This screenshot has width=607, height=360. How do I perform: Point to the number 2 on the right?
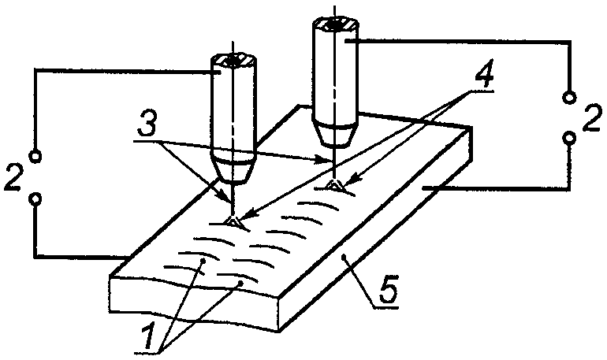point(592,117)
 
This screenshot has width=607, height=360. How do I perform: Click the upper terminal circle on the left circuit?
point(35,156)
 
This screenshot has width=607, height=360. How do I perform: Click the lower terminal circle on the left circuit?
point(35,199)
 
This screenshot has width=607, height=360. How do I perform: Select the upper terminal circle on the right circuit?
point(569,97)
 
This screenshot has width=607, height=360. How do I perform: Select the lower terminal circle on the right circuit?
point(569,138)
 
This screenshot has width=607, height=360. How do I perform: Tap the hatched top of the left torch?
point(233,61)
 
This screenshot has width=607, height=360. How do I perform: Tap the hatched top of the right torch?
point(336,25)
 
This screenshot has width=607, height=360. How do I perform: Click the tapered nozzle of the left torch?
point(233,170)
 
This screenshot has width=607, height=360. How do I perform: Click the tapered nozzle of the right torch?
point(335,134)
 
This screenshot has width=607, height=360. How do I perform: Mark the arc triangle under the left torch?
point(233,221)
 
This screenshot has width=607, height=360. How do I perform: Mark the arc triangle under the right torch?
point(334,185)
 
